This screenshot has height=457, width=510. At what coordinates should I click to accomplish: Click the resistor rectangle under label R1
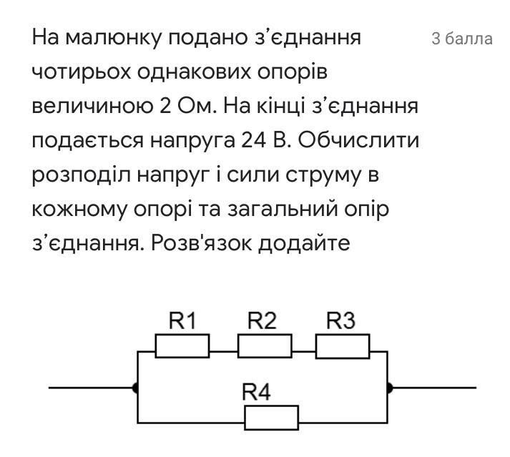click(182, 346)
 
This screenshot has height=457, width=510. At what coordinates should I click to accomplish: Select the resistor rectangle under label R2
click(265, 346)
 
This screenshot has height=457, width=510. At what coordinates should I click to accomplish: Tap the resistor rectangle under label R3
click(343, 346)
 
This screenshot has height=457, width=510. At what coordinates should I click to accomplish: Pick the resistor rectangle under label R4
click(271, 418)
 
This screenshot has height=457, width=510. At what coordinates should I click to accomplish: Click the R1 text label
click(182, 320)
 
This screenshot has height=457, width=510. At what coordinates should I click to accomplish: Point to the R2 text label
click(262, 320)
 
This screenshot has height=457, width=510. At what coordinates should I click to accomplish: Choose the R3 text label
click(340, 320)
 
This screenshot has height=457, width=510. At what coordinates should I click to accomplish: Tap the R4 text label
click(256, 392)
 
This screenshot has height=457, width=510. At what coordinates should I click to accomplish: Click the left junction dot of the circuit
click(136, 388)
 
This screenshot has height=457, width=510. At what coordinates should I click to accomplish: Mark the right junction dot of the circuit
click(389, 388)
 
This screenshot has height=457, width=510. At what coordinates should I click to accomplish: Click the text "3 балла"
click(462, 39)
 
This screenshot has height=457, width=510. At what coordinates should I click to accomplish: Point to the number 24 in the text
click(253, 140)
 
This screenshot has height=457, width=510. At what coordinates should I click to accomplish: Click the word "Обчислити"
click(358, 140)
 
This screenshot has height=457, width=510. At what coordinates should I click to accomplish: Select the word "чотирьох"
click(82, 72)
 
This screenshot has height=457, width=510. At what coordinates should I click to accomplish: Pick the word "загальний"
click(283, 209)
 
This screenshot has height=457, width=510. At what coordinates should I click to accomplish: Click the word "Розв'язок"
click(201, 242)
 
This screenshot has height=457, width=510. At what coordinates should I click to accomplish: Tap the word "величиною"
click(92, 107)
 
